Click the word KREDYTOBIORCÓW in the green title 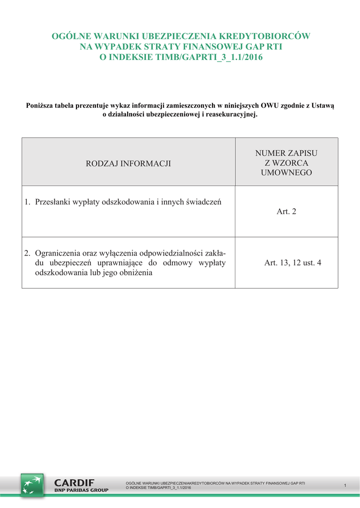pos(271,36)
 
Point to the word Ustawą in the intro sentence pos(323,105)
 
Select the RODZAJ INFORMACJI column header pos(129,163)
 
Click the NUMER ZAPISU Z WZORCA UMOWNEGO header pos(286,163)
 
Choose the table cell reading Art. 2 pos(286,212)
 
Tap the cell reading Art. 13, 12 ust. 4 pos(292,262)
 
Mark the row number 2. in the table pos(28,253)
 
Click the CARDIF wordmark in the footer pos(74,482)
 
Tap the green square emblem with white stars pos(32,485)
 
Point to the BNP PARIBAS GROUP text pos(81,490)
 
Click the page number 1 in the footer pos(345,485)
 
